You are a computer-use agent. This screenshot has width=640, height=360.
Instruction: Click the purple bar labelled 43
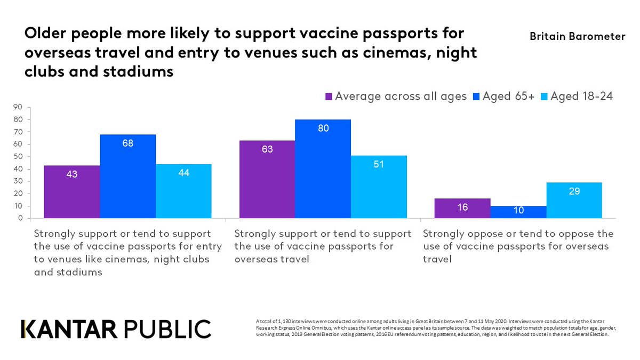71,191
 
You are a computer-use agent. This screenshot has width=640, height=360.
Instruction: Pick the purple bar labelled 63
267,179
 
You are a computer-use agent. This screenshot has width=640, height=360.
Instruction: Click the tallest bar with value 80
323,169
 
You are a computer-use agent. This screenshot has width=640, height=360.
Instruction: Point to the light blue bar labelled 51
379,187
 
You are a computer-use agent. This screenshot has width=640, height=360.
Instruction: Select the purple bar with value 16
462,208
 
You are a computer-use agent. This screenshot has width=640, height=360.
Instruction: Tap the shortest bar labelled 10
518,212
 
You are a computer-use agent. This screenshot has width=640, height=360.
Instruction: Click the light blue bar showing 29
574,200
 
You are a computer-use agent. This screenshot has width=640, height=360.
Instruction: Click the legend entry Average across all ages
400,97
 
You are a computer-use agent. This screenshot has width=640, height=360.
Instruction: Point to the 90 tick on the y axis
18,107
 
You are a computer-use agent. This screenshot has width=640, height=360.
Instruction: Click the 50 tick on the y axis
18,156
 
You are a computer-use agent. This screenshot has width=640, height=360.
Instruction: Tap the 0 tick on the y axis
20,218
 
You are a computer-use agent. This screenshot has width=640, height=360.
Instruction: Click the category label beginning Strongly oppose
517,246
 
